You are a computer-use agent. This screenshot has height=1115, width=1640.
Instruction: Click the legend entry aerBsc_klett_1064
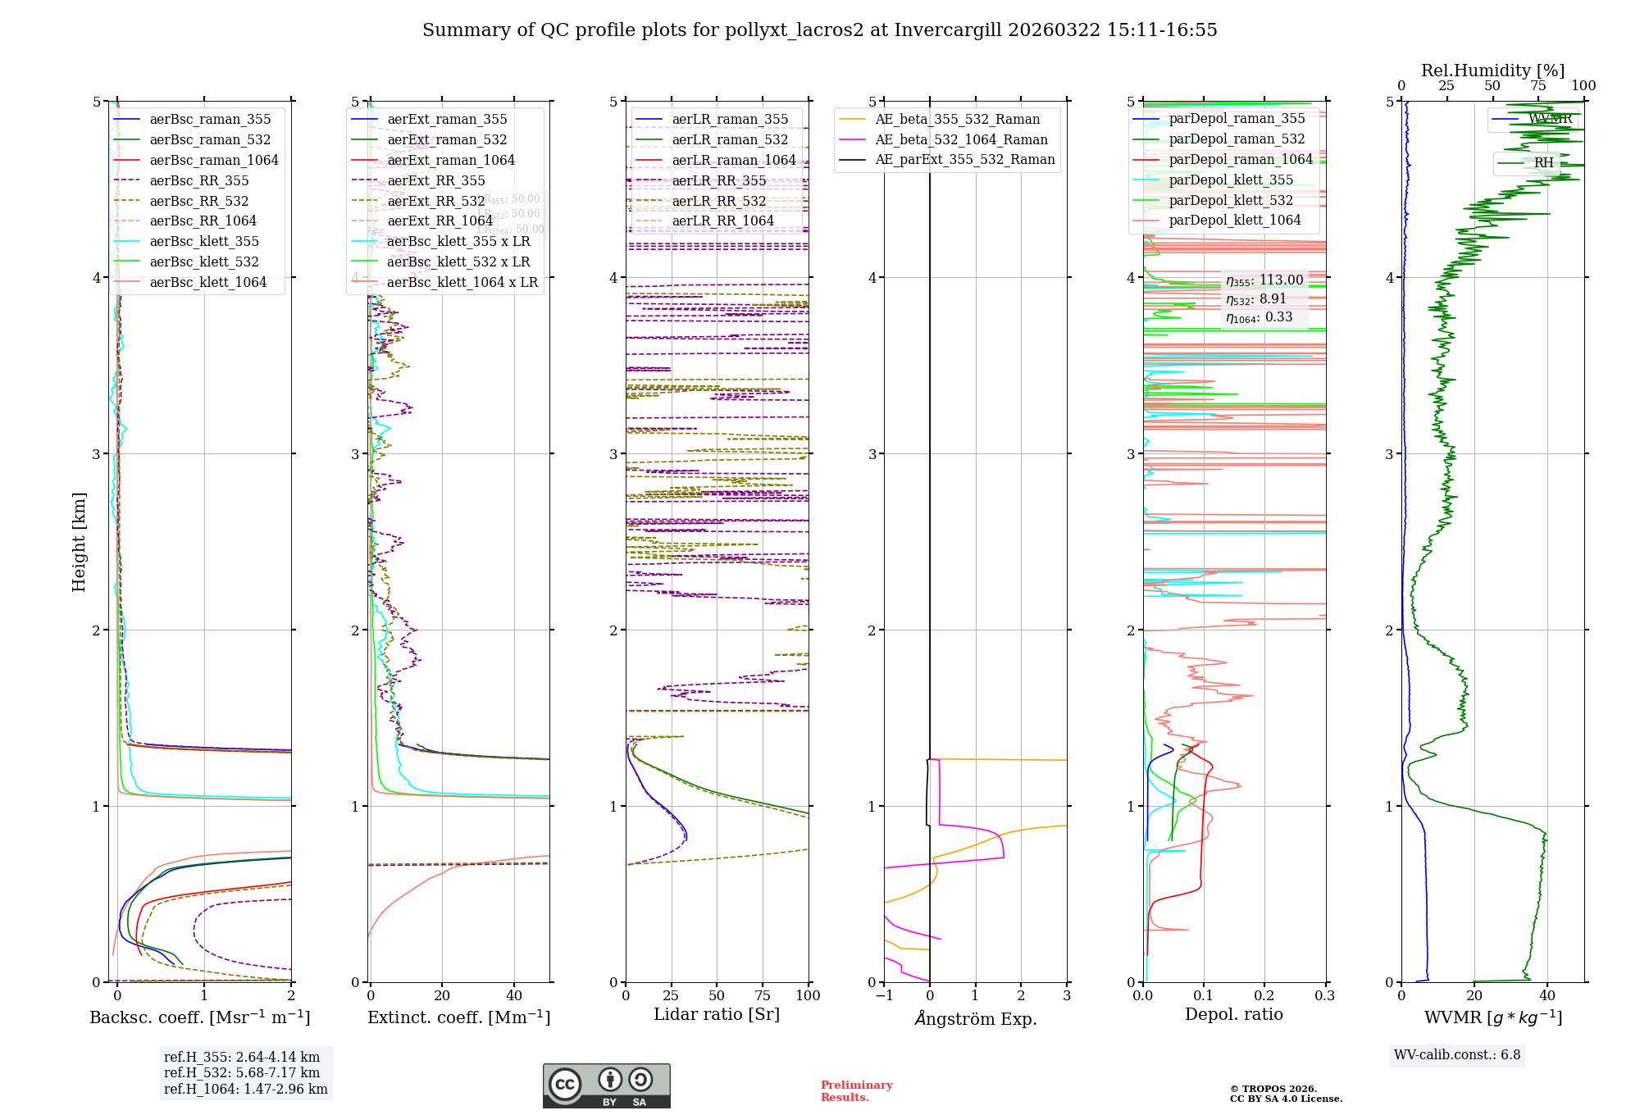click(207, 282)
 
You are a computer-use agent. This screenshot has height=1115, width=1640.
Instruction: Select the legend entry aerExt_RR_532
click(435, 201)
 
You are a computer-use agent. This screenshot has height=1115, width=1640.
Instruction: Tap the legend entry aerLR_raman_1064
click(733, 160)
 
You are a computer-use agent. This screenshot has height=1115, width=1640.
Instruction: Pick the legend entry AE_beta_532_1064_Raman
click(961, 139)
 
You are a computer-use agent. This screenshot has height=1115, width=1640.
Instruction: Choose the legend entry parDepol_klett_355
click(1230, 180)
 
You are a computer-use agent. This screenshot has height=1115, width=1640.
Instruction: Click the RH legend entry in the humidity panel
click(1542, 162)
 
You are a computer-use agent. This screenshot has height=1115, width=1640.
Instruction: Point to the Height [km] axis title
click(79, 542)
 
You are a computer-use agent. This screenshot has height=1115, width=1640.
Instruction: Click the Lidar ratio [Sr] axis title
click(716, 1014)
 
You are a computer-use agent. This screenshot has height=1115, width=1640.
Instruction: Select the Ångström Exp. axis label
click(976, 1018)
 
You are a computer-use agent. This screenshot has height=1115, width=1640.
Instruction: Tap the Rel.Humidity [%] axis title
click(1492, 71)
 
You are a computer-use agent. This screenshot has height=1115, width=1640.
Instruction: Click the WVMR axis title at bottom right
click(1492, 1017)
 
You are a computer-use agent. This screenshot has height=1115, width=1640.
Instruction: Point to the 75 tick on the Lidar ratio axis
click(763, 995)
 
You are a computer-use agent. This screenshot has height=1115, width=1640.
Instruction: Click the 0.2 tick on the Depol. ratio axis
click(1264, 995)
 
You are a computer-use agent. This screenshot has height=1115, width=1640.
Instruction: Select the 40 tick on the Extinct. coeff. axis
click(514, 995)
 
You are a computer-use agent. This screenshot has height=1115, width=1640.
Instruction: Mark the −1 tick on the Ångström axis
click(884, 995)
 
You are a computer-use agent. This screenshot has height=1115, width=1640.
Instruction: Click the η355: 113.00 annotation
click(1264, 280)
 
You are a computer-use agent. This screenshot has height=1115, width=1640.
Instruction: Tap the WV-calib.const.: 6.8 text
click(1456, 1054)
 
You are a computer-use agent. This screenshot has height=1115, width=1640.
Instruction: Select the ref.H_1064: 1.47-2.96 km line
click(245, 1089)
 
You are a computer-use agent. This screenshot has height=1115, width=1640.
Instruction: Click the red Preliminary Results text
click(856, 1090)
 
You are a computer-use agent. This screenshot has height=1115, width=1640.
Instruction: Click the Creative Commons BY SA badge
click(606, 1085)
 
